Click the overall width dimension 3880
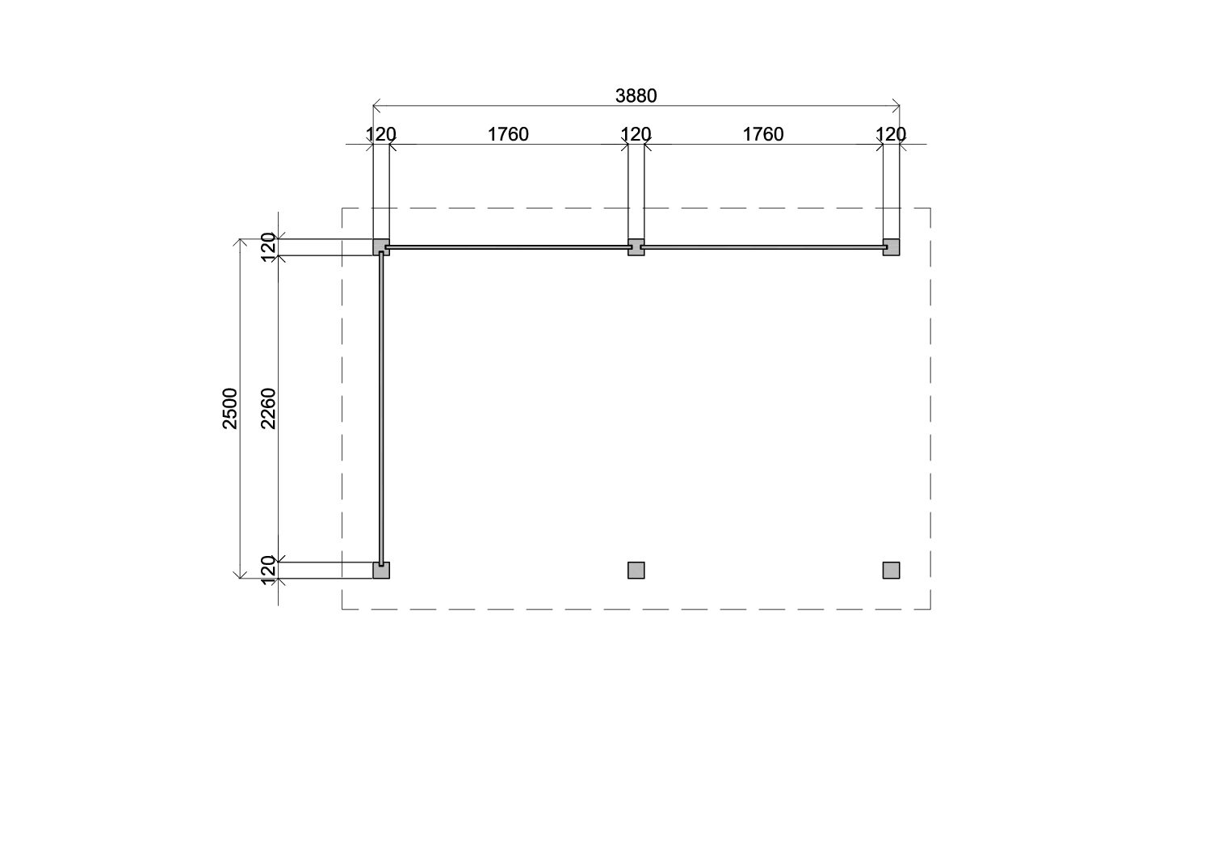click(636, 96)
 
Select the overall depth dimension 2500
click(231, 408)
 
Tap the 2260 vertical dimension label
click(268, 408)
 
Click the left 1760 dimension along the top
click(508, 134)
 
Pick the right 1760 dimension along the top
click(763, 134)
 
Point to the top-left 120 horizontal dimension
click(381, 134)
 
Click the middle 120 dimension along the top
click(636, 134)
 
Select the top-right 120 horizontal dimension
click(891, 134)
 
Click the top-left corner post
click(380, 247)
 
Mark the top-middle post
click(636, 247)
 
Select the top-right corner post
click(891, 247)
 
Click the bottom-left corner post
click(381, 571)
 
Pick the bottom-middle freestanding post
click(636, 571)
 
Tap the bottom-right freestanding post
click(891, 571)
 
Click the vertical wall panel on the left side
click(381, 408)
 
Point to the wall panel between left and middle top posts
click(509, 247)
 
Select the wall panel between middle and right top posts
click(763, 247)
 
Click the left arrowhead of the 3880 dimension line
click(375, 105)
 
